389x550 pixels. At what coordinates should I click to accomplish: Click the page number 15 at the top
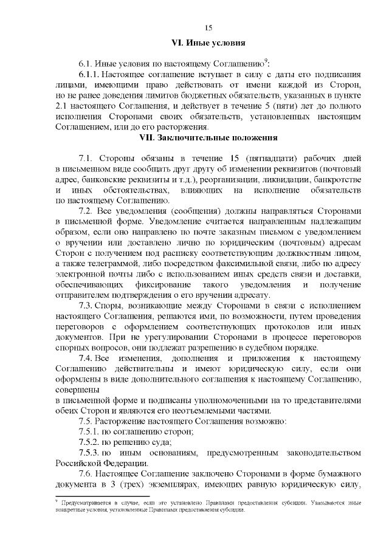pos(208,28)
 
